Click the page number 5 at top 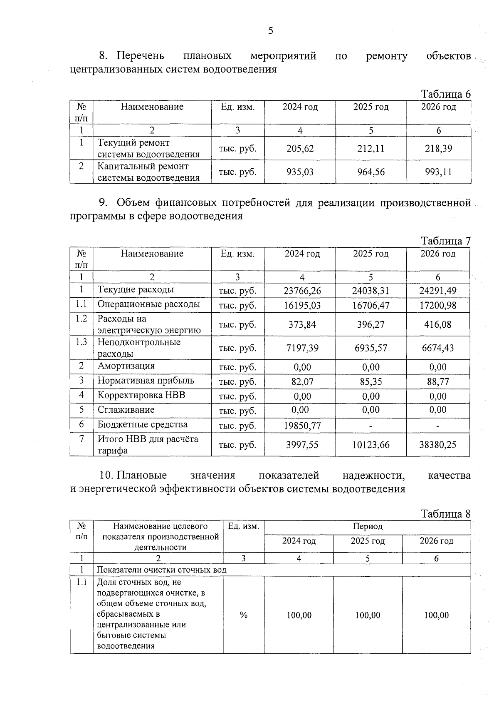[271, 31]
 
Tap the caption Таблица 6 [446, 94]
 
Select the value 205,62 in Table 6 [300, 149]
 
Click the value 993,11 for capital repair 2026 [438, 172]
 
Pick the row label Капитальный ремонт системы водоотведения [148, 172]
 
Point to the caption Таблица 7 [446, 241]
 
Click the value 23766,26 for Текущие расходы [302, 291]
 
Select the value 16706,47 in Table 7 [371, 306]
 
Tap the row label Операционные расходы [148, 304]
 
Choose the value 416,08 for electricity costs [437, 324]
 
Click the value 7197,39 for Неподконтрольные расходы [302, 348]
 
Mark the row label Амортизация [126, 366]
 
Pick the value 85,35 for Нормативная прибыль [371, 381]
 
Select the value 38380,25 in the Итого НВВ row [437, 445]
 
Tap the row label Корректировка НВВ [141, 395]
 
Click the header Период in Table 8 [368, 526]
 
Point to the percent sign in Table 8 [244, 615]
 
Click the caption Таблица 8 [446, 514]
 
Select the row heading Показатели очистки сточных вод [161, 570]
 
